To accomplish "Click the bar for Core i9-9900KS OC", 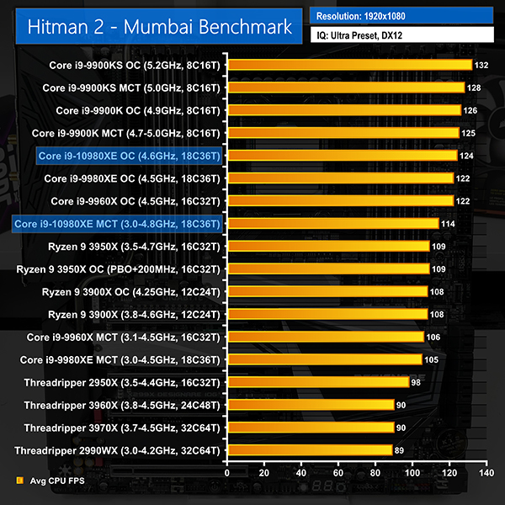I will pos(349,65).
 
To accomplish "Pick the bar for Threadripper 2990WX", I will pos(310,450).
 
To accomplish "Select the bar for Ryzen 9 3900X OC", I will pos(327,291).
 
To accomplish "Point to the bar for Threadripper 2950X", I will pos(318,382).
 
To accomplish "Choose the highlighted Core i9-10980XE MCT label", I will pos(117,224).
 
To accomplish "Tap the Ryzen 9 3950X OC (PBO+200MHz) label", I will pos(118,269).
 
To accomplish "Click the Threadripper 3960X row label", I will pos(118,405).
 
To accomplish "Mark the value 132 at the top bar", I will pos(482,65).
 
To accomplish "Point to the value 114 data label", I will pos(449,224).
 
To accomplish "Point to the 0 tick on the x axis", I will pos(227,474).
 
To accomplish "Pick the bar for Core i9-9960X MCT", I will pos(326,337).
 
